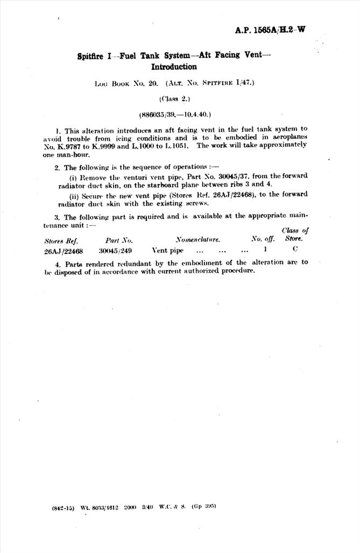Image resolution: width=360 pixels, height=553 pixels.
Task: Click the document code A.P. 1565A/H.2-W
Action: (x=270, y=30)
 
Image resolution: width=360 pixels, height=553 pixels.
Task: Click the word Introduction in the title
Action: (x=174, y=67)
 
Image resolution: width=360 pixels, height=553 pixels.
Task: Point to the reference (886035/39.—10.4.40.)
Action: (x=174, y=115)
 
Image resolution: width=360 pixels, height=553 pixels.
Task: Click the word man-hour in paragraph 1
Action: (x=69, y=153)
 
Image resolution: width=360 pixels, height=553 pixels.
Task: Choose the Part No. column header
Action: (x=119, y=240)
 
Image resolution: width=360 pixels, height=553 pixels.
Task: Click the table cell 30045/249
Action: (x=115, y=251)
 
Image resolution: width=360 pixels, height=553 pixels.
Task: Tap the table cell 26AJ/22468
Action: (x=63, y=251)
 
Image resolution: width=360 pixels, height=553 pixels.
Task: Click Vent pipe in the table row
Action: (x=167, y=251)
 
